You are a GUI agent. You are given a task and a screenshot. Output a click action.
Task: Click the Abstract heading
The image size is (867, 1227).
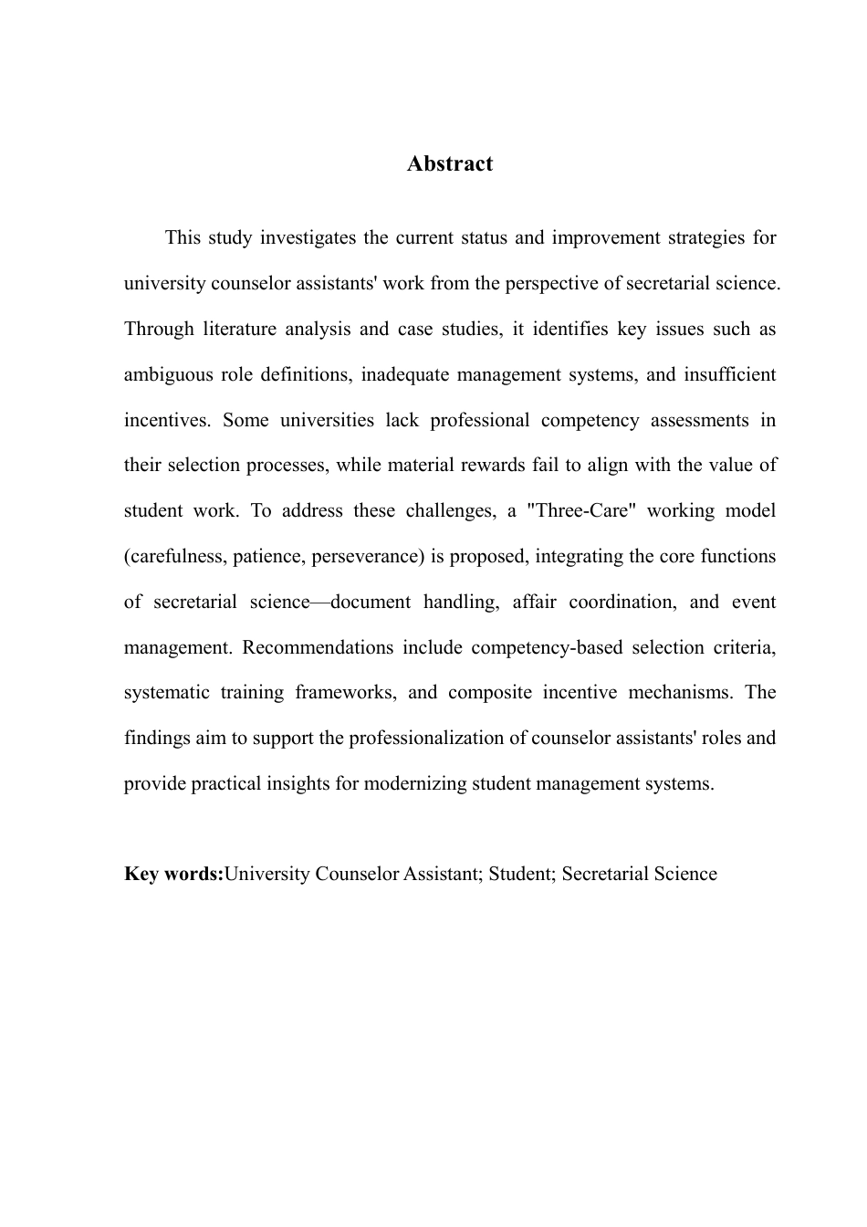click(450, 163)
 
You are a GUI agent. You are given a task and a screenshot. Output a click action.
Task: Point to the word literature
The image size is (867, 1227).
click(247, 330)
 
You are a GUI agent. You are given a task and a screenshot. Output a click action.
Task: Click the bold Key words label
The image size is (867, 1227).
click(173, 875)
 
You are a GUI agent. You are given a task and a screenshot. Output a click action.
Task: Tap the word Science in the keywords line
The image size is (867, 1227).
click(684, 875)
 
